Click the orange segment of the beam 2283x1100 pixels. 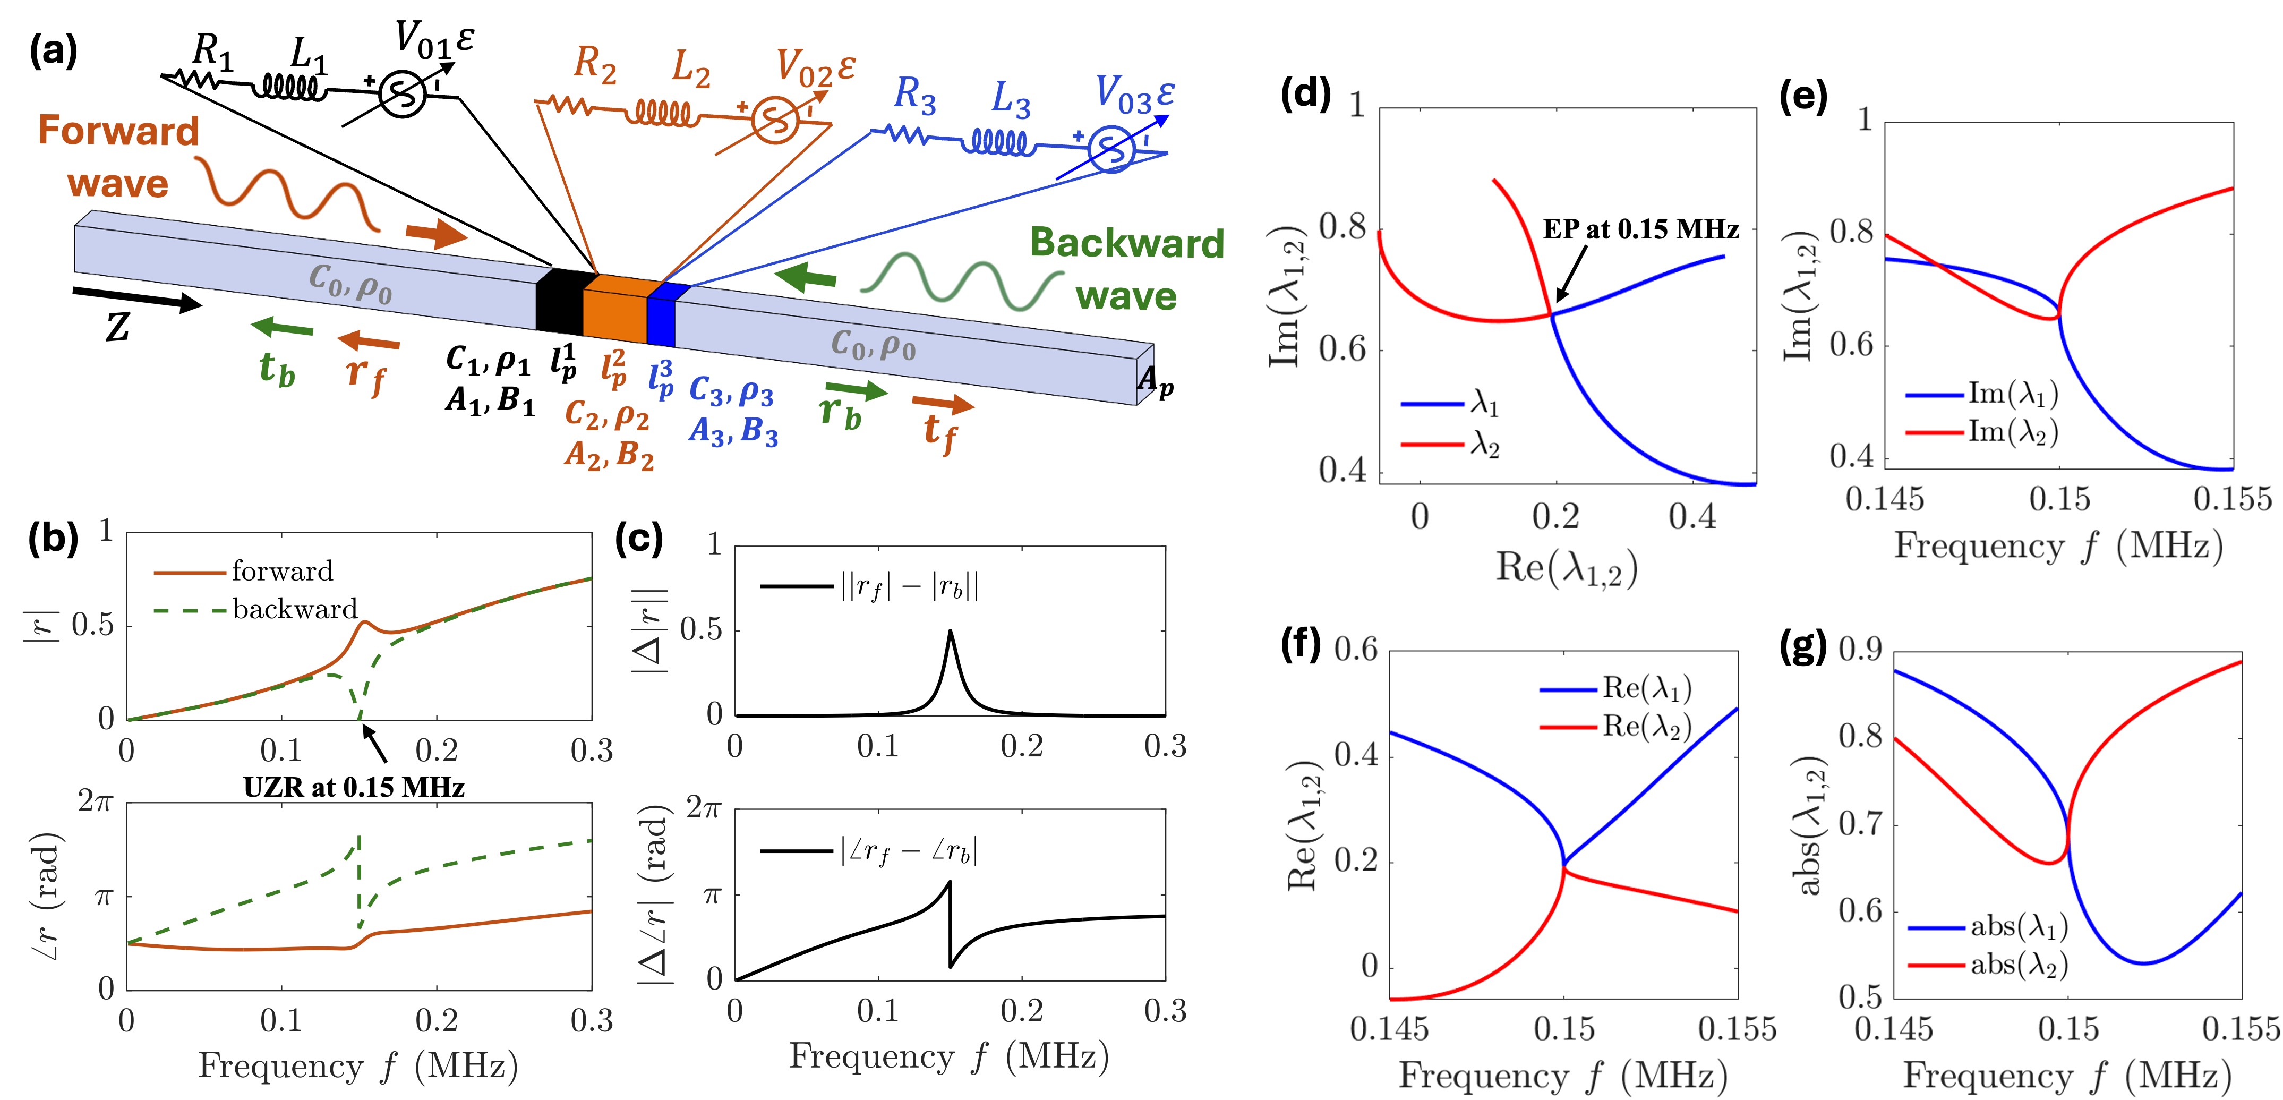click(x=615, y=309)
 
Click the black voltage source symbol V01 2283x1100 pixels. click(x=403, y=94)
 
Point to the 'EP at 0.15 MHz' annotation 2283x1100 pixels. click(x=1640, y=229)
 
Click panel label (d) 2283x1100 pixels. click(x=1305, y=94)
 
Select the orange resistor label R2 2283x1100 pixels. click(x=595, y=65)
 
